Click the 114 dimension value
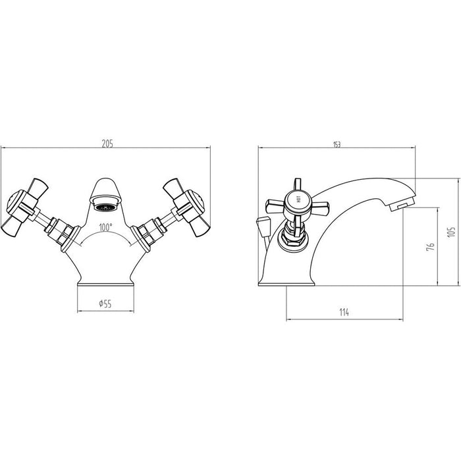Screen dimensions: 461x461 coord(343,312)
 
